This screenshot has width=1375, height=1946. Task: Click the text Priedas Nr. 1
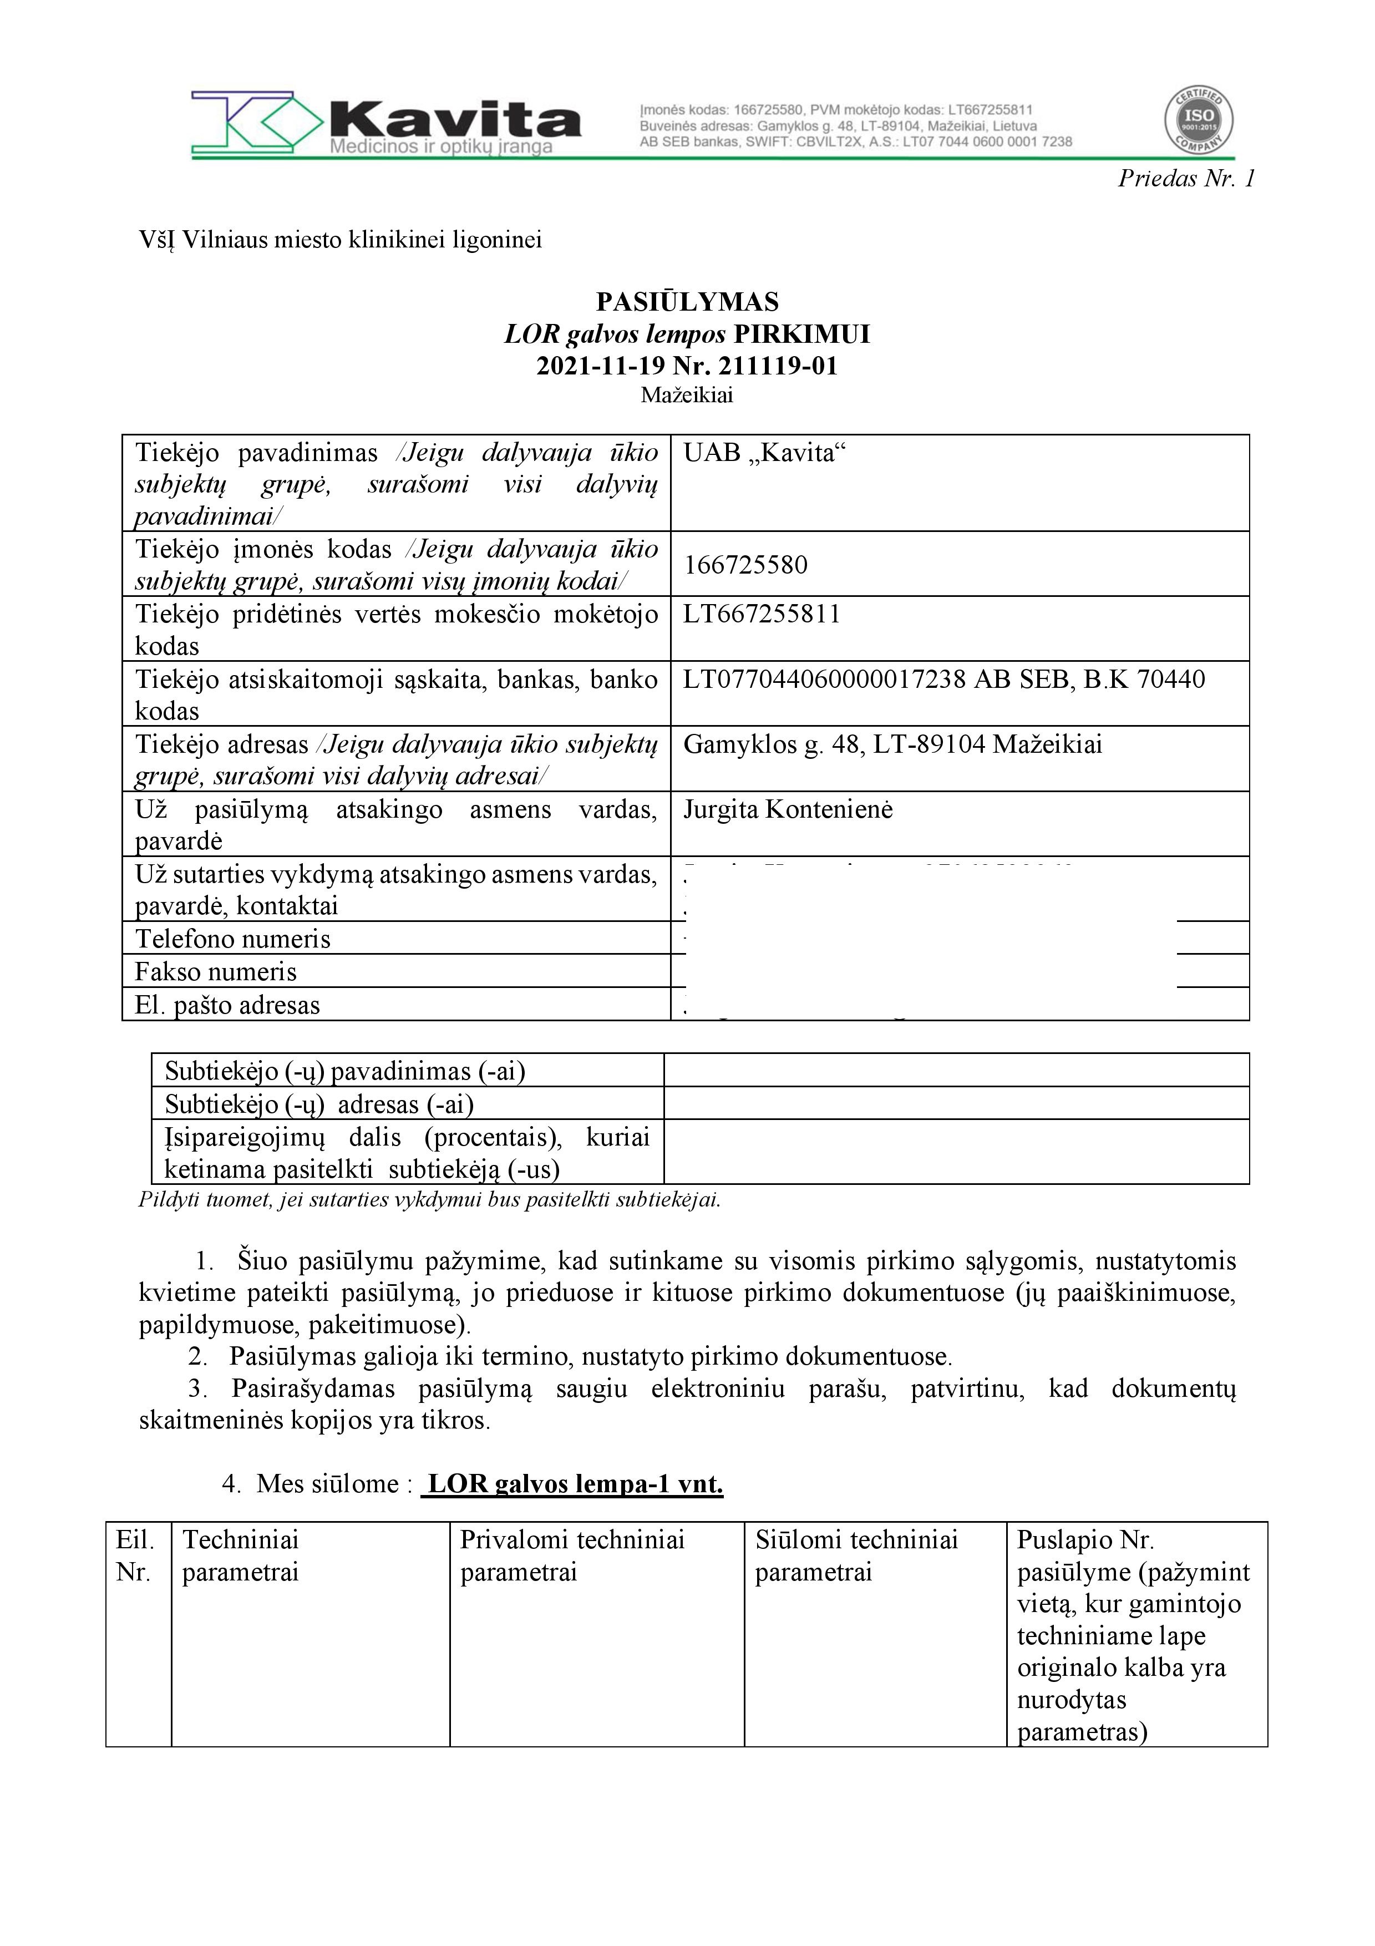[x=1186, y=178]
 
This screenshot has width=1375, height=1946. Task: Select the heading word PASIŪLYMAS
[x=687, y=302]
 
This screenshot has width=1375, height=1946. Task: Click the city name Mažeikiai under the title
[x=687, y=395]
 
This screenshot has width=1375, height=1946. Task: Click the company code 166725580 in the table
[x=745, y=565]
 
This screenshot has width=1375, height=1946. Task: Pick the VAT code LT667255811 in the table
[x=762, y=615]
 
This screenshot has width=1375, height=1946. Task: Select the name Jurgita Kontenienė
[x=788, y=810]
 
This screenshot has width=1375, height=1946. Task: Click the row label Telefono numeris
[x=233, y=939]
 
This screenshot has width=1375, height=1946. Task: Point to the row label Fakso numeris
[x=216, y=972]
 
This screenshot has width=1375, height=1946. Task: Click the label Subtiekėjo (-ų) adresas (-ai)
[x=319, y=1104]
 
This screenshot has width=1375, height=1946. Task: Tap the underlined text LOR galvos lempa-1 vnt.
[x=575, y=1484]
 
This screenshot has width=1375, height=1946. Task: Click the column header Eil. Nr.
[x=135, y=1556]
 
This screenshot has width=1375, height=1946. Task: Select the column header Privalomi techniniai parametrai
[x=572, y=1556]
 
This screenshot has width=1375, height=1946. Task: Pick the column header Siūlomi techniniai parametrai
[x=856, y=1556]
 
